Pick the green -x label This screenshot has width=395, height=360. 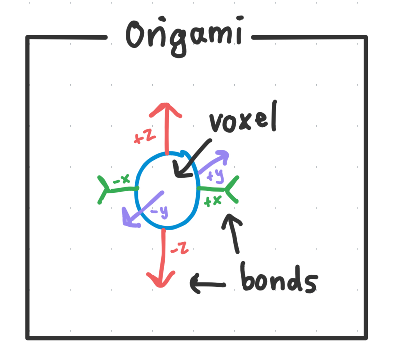pos(121,179)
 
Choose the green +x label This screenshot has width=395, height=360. pos(212,201)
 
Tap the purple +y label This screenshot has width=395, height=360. pos(215,176)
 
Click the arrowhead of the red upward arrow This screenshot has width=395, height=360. pos(166,108)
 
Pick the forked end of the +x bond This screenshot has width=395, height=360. pos(231,189)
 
